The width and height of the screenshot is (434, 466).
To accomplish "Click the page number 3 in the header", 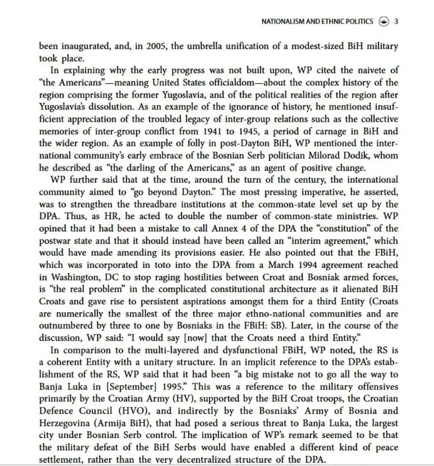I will point(396,22).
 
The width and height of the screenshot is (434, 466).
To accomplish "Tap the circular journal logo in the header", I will point(384,22).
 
